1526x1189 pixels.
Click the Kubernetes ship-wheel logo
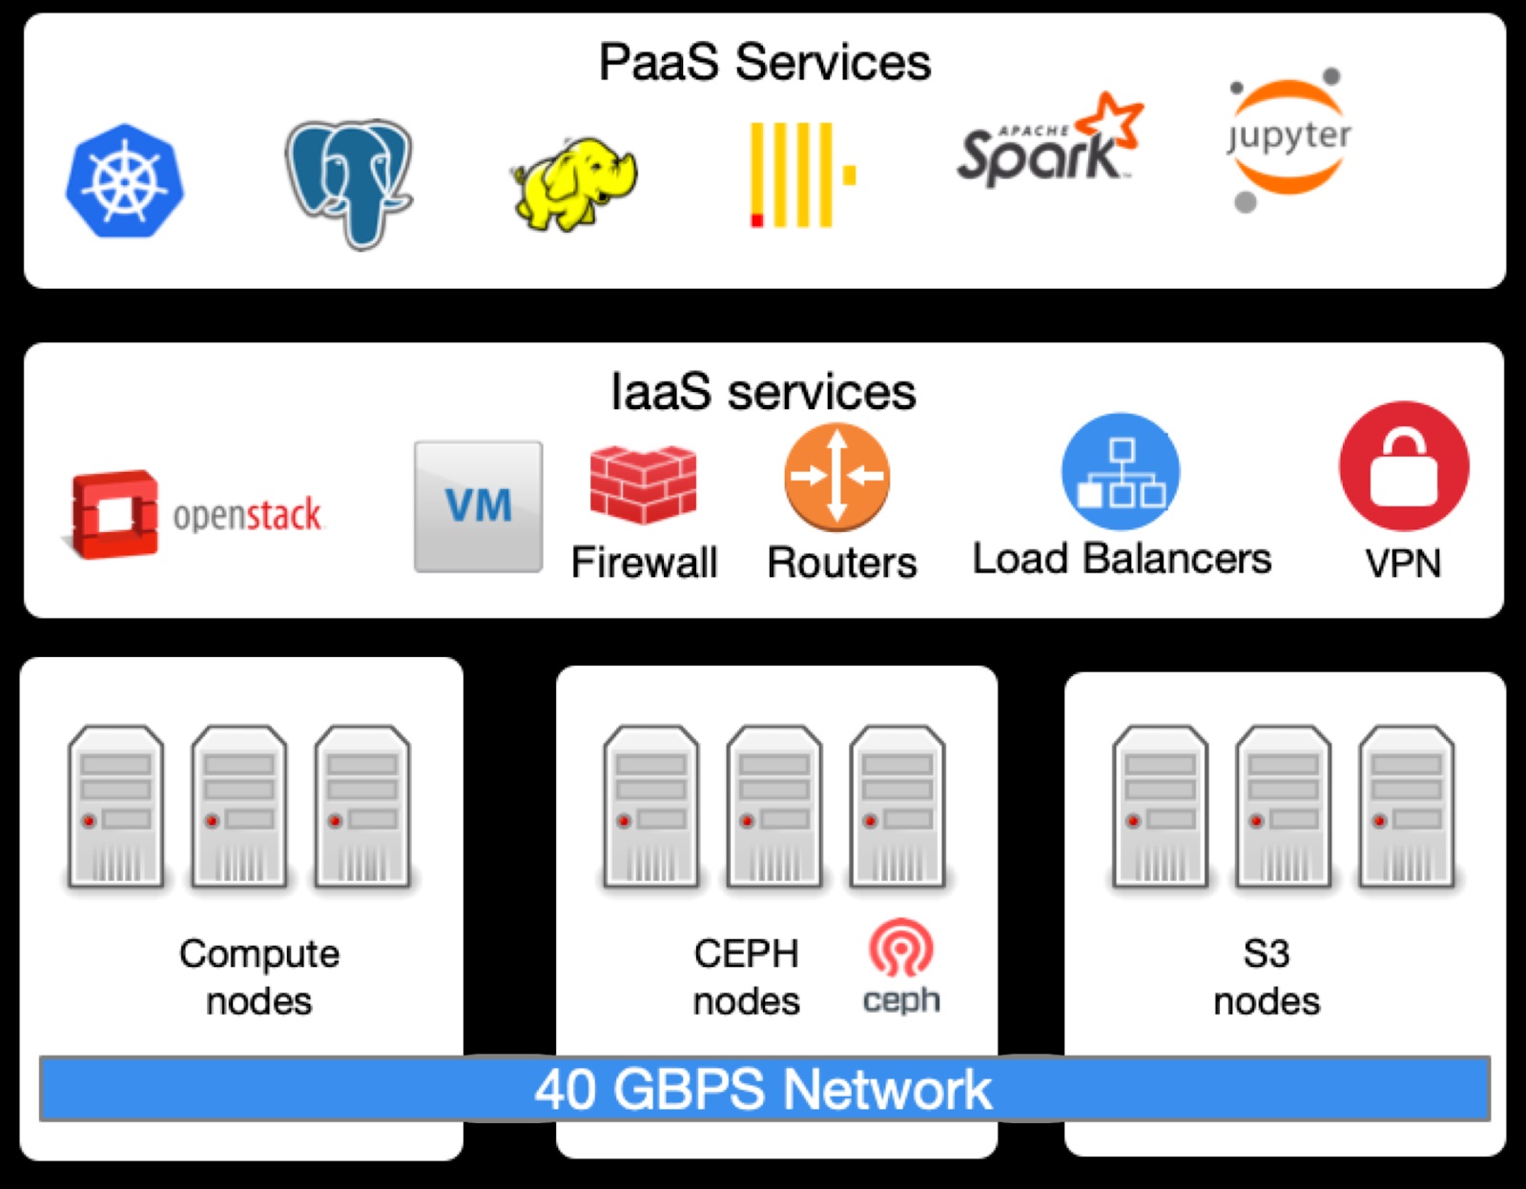[x=124, y=180]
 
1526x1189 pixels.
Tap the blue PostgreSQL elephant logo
[x=349, y=181]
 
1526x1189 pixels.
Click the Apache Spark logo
[x=1049, y=143]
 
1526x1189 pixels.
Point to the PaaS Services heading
[x=764, y=63]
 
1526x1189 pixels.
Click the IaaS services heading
[x=763, y=392]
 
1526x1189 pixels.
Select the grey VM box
[x=478, y=506]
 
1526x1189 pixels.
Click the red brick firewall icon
[x=643, y=483]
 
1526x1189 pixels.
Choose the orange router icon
[x=836, y=477]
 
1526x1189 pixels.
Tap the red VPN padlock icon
[x=1403, y=466]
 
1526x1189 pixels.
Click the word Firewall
[x=644, y=563]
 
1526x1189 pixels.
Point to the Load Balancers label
[x=1122, y=559]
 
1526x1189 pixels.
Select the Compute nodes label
[x=259, y=977]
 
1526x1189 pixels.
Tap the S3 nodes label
[x=1267, y=977]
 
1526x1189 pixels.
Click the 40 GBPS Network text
[x=763, y=1089]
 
